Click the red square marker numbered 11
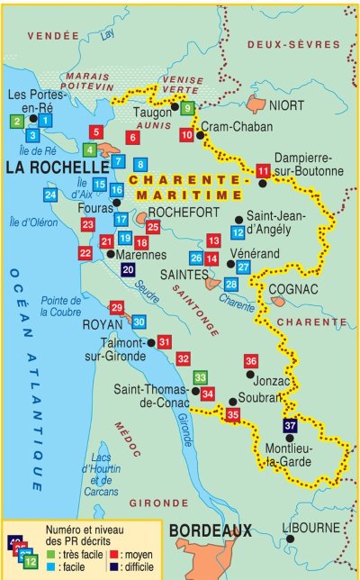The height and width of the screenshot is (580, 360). click(263, 171)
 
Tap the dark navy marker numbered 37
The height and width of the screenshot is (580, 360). click(290, 425)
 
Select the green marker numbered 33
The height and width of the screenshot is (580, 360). click(201, 377)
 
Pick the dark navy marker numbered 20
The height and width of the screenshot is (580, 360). click(128, 269)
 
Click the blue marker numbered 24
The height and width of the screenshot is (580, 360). click(50, 194)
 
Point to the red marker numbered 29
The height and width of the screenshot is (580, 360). click(116, 307)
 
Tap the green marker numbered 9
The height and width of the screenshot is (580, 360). click(187, 108)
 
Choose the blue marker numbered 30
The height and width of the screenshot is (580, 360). click(139, 322)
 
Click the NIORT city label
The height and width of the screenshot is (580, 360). click(286, 105)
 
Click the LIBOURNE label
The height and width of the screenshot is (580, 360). click(310, 528)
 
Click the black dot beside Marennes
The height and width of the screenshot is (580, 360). click(110, 255)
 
